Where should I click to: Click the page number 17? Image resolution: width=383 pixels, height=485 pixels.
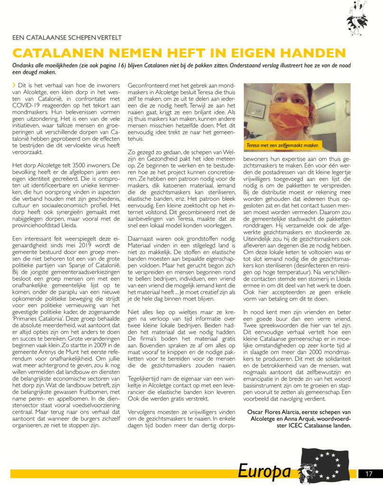click(368, 473)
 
